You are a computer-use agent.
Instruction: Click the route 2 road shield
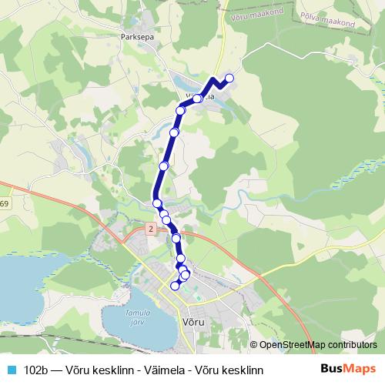point(151,229)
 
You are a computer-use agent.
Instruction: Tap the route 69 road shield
point(4,204)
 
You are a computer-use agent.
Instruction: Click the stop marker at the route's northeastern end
point(229,78)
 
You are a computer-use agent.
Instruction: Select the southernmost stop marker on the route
point(175,286)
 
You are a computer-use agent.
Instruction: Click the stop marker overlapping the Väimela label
point(197,98)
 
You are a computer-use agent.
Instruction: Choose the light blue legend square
point(9,370)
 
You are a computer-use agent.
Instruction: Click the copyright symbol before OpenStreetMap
point(253,345)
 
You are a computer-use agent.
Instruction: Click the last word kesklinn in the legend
point(243,370)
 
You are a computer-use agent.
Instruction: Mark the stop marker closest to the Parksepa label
point(181,111)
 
